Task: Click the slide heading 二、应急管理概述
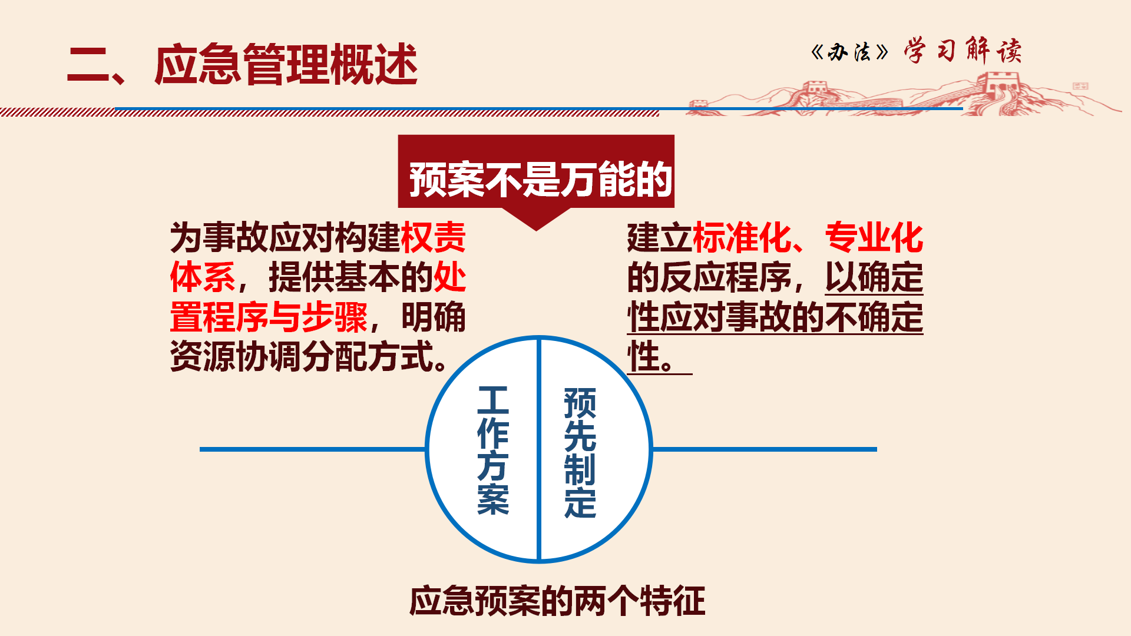[242, 64]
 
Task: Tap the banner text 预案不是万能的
[541, 179]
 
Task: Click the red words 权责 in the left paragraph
[433, 237]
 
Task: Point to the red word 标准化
[742, 237]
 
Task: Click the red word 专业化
[874, 237]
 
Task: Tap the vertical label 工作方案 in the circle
[493, 450]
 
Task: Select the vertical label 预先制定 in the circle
[580, 452]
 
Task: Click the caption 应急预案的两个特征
[557, 601]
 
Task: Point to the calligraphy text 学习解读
[963, 51]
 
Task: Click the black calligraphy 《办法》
[849, 52]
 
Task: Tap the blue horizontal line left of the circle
[313, 449]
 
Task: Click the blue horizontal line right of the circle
[764, 449]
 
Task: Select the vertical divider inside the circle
[538, 449]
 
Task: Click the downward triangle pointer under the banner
[536, 219]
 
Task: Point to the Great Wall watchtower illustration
[999, 88]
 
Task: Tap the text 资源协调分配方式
[302, 356]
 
